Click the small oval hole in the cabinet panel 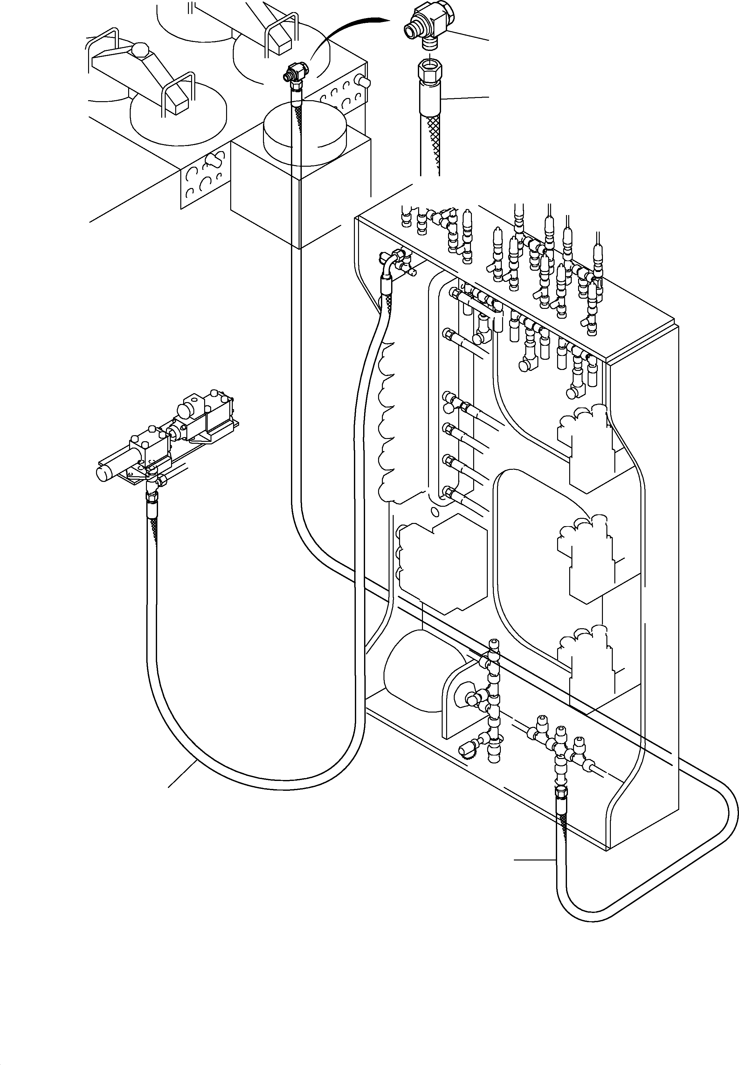pos(434,512)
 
